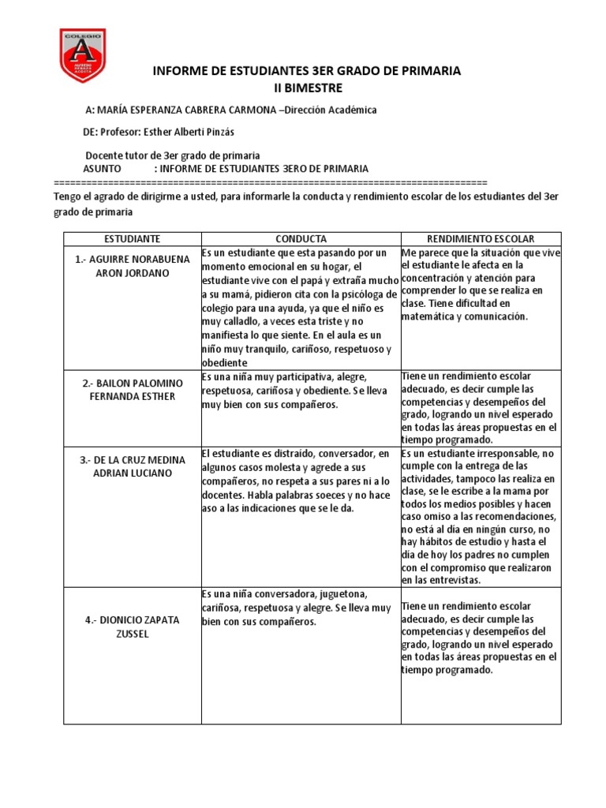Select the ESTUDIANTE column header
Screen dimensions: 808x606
(132, 238)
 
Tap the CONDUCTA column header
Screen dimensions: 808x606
(301, 238)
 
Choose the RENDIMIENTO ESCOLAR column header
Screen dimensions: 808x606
(481, 238)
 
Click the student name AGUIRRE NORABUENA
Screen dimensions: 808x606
(131, 259)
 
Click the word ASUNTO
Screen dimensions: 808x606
(103, 169)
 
